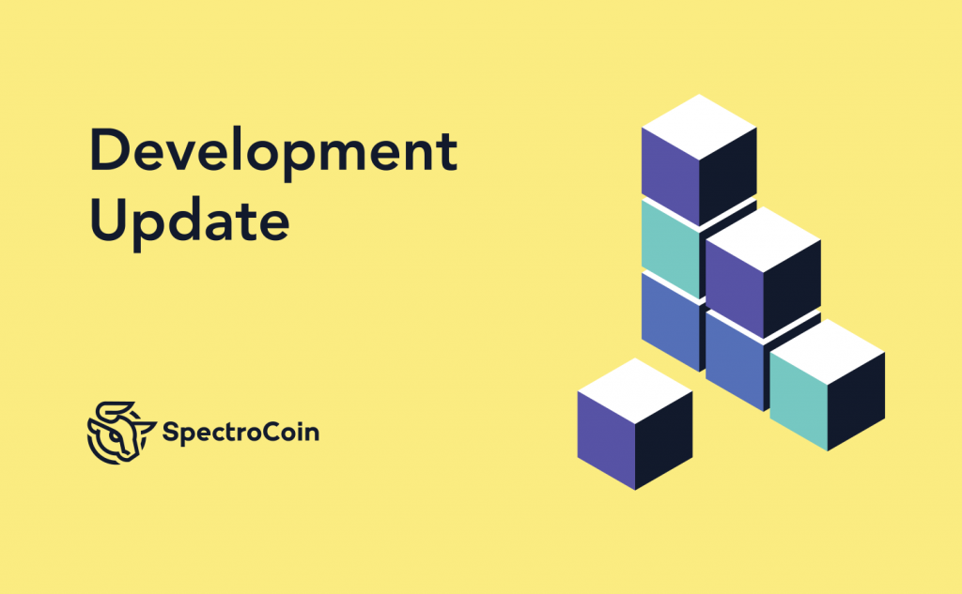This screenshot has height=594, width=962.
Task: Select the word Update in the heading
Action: point(190,221)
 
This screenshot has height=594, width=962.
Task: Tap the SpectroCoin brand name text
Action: point(240,433)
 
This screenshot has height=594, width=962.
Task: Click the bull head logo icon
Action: point(121,433)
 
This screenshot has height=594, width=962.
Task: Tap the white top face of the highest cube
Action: point(699,127)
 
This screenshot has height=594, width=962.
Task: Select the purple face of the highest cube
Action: point(671,176)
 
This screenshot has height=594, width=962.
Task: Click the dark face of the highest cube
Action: point(728,176)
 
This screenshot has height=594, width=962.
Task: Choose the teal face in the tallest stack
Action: point(671,248)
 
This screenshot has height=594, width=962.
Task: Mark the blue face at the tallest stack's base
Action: point(672,321)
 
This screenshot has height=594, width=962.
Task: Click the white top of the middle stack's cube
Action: point(763,239)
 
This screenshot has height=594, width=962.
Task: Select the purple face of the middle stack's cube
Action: point(735,289)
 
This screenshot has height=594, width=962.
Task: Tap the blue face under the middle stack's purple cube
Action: point(736,360)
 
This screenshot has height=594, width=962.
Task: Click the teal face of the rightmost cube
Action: point(799,402)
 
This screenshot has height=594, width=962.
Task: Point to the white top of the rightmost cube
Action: point(827,352)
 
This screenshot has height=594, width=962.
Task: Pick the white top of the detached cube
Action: point(635,391)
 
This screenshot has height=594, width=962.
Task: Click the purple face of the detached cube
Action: point(606,441)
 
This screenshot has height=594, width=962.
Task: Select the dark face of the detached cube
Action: point(664,441)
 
